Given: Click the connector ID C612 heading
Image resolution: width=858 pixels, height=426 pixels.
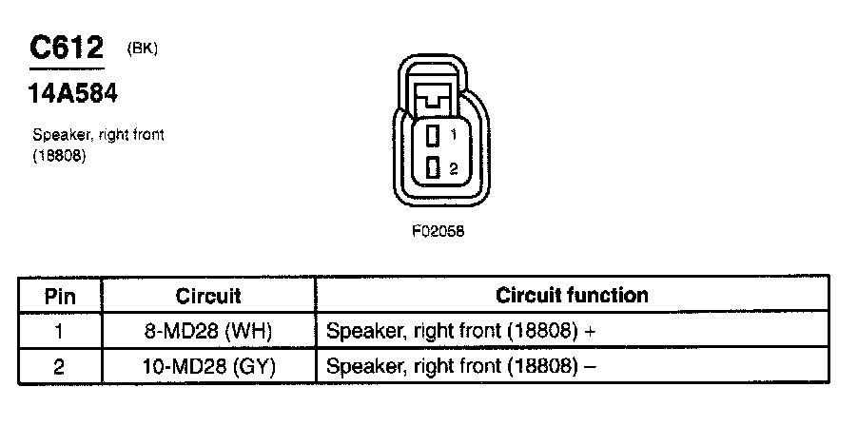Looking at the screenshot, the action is click(x=67, y=47).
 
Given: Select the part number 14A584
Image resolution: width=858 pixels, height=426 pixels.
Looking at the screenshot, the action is click(x=73, y=95).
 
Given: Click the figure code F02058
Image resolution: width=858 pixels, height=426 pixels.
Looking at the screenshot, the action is click(x=439, y=229).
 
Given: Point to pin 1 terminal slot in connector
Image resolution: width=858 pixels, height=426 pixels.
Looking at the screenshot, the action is click(x=431, y=134).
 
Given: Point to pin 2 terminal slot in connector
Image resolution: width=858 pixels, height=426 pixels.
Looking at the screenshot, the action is click(x=431, y=168).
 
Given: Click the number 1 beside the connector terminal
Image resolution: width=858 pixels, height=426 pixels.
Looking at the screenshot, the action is click(x=454, y=134).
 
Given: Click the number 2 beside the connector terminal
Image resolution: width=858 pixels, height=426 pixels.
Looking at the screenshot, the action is click(x=454, y=168).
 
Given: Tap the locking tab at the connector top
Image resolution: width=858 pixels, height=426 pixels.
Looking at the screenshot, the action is click(x=439, y=96).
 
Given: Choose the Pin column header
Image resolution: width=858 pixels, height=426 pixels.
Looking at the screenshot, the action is click(x=60, y=296).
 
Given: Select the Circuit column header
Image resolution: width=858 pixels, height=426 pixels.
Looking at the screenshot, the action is click(x=208, y=296).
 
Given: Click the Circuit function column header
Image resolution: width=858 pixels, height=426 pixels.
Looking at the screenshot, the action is click(x=572, y=295).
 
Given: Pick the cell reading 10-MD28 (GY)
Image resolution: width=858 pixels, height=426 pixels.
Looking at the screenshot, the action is click(x=209, y=366).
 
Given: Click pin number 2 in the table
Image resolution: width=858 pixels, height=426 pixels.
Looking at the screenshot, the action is click(x=59, y=366).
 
